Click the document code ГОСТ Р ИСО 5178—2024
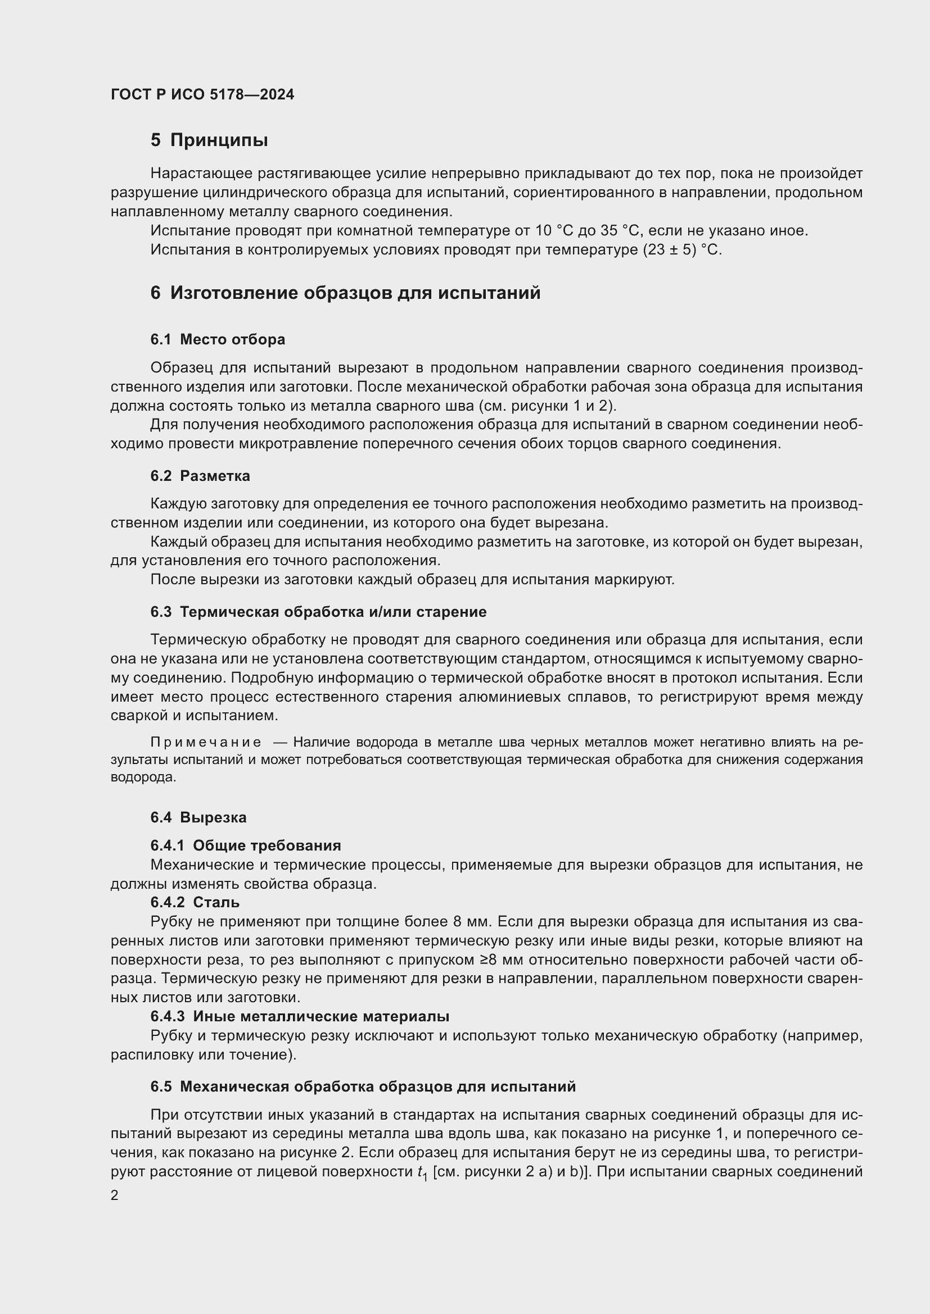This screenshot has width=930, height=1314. (x=202, y=94)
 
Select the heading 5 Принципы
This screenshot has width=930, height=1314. (x=209, y=140)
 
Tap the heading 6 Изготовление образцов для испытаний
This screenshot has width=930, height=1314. (x=345, y=293)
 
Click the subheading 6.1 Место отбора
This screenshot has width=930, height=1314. (x=218, y=339)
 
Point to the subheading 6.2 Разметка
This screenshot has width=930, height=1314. (x=200, y=476)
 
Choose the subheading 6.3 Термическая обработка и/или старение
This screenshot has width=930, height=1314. (x=318, y=612)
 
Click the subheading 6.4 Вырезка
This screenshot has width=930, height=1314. (x=198, y=817)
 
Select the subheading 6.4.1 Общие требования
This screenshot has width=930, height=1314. (x=246, y=845)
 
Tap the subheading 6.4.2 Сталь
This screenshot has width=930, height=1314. (x=195, y=902)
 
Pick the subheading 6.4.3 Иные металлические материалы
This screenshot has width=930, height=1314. (x=300, y=1016)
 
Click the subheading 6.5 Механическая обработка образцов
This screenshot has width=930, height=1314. (x=363, y=1086)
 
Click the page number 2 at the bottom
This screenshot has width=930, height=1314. (x=115, y=1195)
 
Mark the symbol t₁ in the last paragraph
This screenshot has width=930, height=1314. (x=423, y=1172)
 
